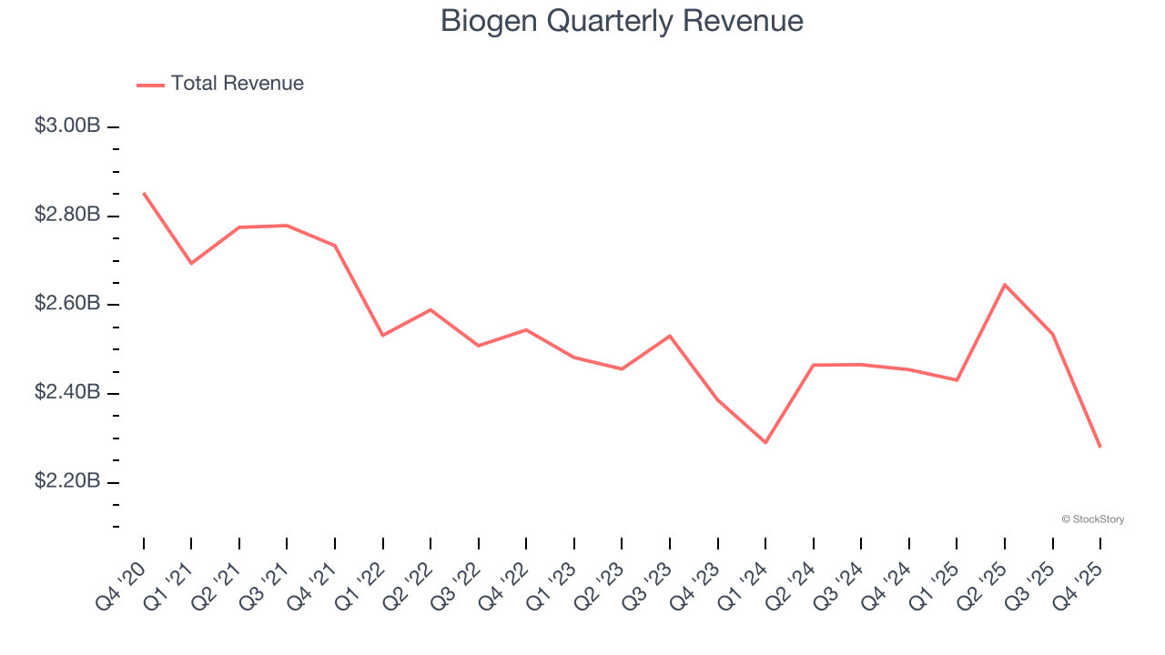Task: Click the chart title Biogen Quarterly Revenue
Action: [622, 21]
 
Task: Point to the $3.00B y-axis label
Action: [67, 126]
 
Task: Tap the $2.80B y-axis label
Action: [67, 215]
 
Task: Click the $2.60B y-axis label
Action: [67, 303]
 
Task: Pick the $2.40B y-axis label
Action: [67, 392]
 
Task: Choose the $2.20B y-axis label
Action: [67, 480]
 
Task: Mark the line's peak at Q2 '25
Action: [1005, 285]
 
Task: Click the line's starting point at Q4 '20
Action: [144, 193]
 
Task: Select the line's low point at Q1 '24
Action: [765, 443]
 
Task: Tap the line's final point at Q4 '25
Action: [1100, 447]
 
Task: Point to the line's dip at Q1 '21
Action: [191, 263]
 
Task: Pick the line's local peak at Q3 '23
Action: [670, 336]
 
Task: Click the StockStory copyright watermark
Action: [1092, 519]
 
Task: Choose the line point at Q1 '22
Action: [383, 336]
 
